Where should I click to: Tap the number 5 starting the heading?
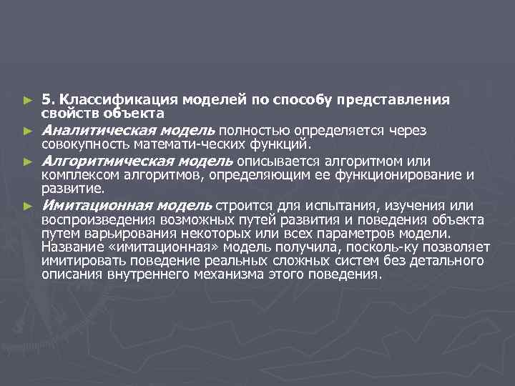[45, 99]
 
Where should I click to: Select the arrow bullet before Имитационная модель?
[27, 206]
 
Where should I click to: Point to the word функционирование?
[408, 174]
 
